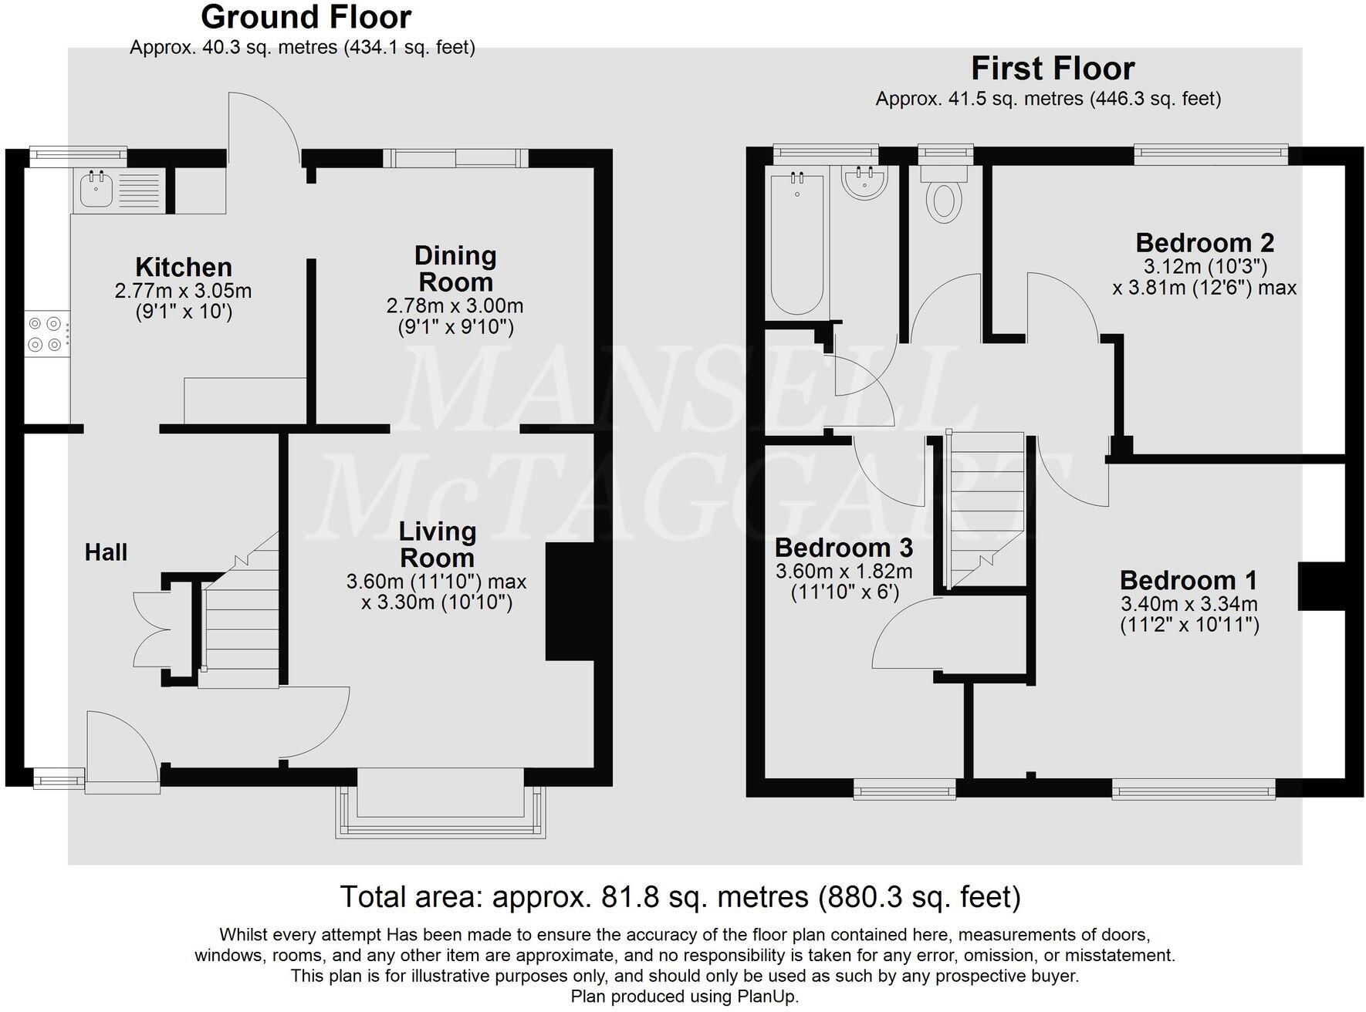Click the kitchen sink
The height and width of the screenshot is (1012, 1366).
[120, 190]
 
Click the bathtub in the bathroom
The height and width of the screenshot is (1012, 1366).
[797, 243]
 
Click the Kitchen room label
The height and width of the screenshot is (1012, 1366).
[184, 267]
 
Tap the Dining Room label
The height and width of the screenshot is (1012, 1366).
[455, 268]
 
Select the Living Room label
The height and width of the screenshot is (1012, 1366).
[438, 545]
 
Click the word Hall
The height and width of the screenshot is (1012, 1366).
[106, 552]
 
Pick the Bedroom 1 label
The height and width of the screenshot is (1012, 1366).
[1188, 580]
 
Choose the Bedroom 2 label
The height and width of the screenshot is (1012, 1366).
[1205, 243]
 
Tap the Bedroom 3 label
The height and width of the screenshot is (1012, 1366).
[844, 548]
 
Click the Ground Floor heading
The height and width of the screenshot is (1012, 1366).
[306, 16]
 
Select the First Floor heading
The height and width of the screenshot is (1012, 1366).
[1053, 69]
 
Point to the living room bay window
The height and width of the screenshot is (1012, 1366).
[441, 802]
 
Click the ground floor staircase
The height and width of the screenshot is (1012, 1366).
[239, 609]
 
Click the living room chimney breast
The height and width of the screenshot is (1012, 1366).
[570, 602]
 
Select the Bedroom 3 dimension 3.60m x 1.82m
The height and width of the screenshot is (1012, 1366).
[844, 572]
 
